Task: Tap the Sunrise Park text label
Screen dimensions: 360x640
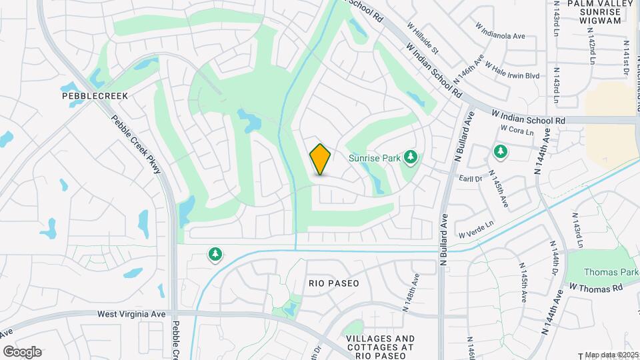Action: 375,158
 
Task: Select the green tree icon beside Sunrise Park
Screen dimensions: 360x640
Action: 411,157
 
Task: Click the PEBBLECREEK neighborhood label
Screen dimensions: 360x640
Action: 94,96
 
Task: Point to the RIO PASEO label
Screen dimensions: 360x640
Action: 333,283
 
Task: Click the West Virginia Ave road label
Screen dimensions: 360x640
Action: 131,313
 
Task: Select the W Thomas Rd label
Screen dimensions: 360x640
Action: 595,287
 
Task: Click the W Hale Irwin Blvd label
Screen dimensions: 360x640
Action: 512,71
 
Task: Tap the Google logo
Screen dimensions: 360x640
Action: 22,352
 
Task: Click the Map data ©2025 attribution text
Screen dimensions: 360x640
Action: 611,355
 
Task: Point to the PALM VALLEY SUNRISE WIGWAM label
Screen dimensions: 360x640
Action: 594,12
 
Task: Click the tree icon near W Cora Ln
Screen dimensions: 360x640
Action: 500,152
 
